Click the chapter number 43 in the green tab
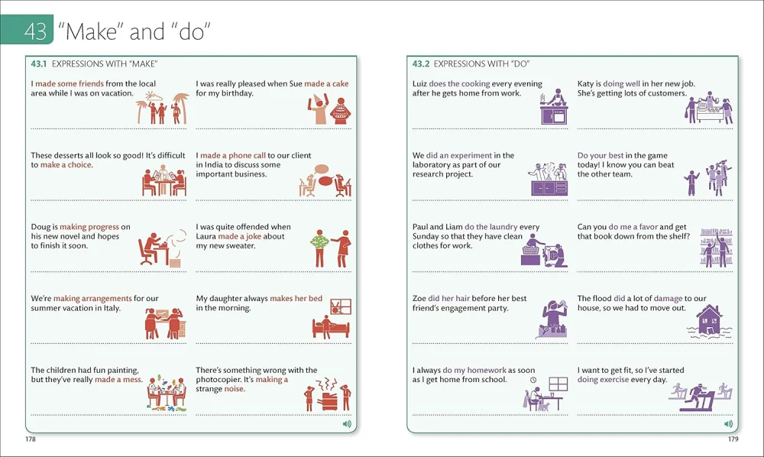35,31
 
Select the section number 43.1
38,64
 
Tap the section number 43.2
421,64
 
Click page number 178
31,439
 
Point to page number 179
733,439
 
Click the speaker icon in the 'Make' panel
347,424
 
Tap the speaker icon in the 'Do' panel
728,424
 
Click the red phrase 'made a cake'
326,84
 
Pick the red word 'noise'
234,389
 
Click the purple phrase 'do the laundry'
491,227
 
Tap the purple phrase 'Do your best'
601,155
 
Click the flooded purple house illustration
710,321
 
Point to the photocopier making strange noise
327,400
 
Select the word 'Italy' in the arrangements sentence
112,308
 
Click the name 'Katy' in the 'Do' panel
585,84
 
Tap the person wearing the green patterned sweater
319,248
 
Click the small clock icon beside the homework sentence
533,380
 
